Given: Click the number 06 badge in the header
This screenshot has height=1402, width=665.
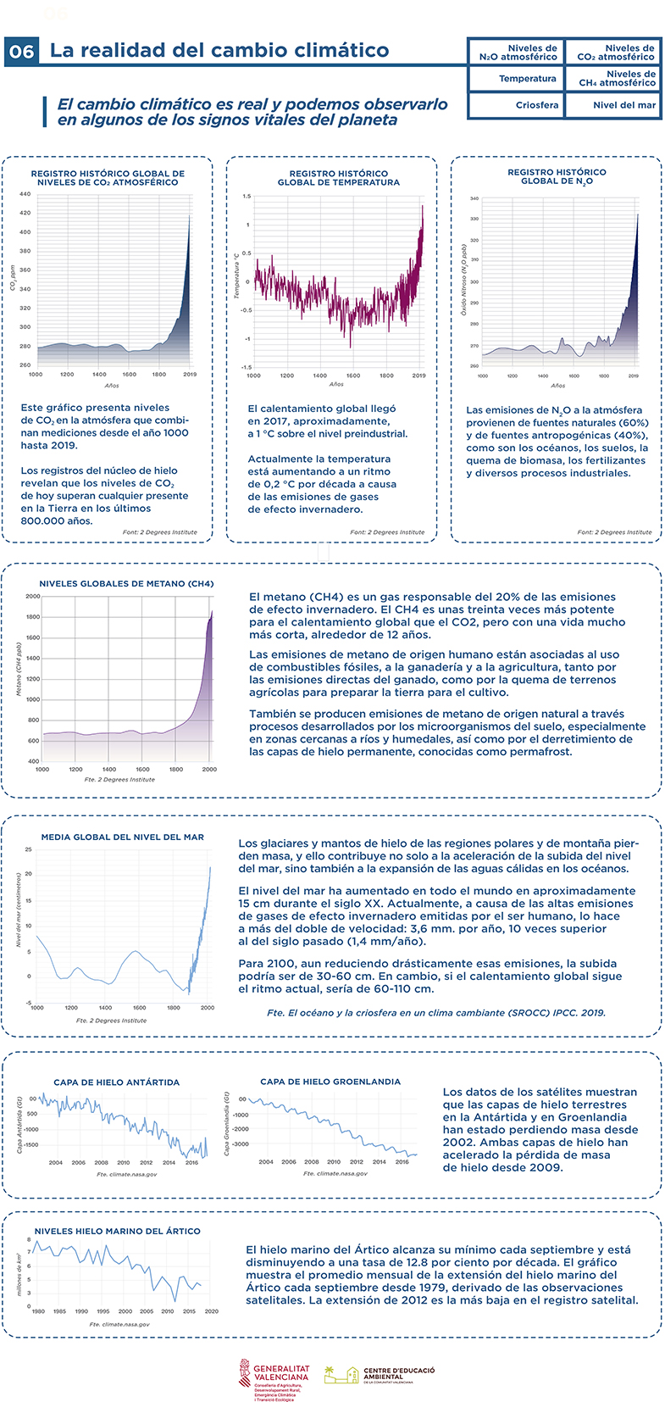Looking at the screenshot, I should (x=22, y=52).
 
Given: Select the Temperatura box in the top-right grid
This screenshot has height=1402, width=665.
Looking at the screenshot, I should (x=527, y=79).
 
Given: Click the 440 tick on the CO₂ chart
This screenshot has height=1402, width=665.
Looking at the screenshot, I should (x=25, y=194).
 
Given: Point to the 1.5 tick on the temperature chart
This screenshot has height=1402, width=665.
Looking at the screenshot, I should (x=247, y=197).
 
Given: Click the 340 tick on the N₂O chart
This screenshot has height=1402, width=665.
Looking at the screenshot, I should (x=474, y=199).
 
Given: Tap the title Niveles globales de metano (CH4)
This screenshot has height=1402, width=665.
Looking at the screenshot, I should (x=126, y=583).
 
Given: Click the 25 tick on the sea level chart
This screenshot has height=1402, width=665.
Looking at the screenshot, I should (x=29, y=849).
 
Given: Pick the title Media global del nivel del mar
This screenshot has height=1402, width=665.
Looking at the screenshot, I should (x=123, y=837).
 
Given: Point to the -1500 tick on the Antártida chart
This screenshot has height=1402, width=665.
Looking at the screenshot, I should (x=30, y=1144).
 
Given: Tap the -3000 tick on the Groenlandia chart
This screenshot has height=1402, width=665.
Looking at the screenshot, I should (x=238, y=1144).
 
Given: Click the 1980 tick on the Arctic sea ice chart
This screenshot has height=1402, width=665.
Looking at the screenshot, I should (x=38, y=1311).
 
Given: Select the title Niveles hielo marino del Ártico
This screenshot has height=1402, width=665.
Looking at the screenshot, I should (x=118, y=1231).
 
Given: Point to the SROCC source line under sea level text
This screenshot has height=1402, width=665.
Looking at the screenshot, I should (x=436, y=1012).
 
